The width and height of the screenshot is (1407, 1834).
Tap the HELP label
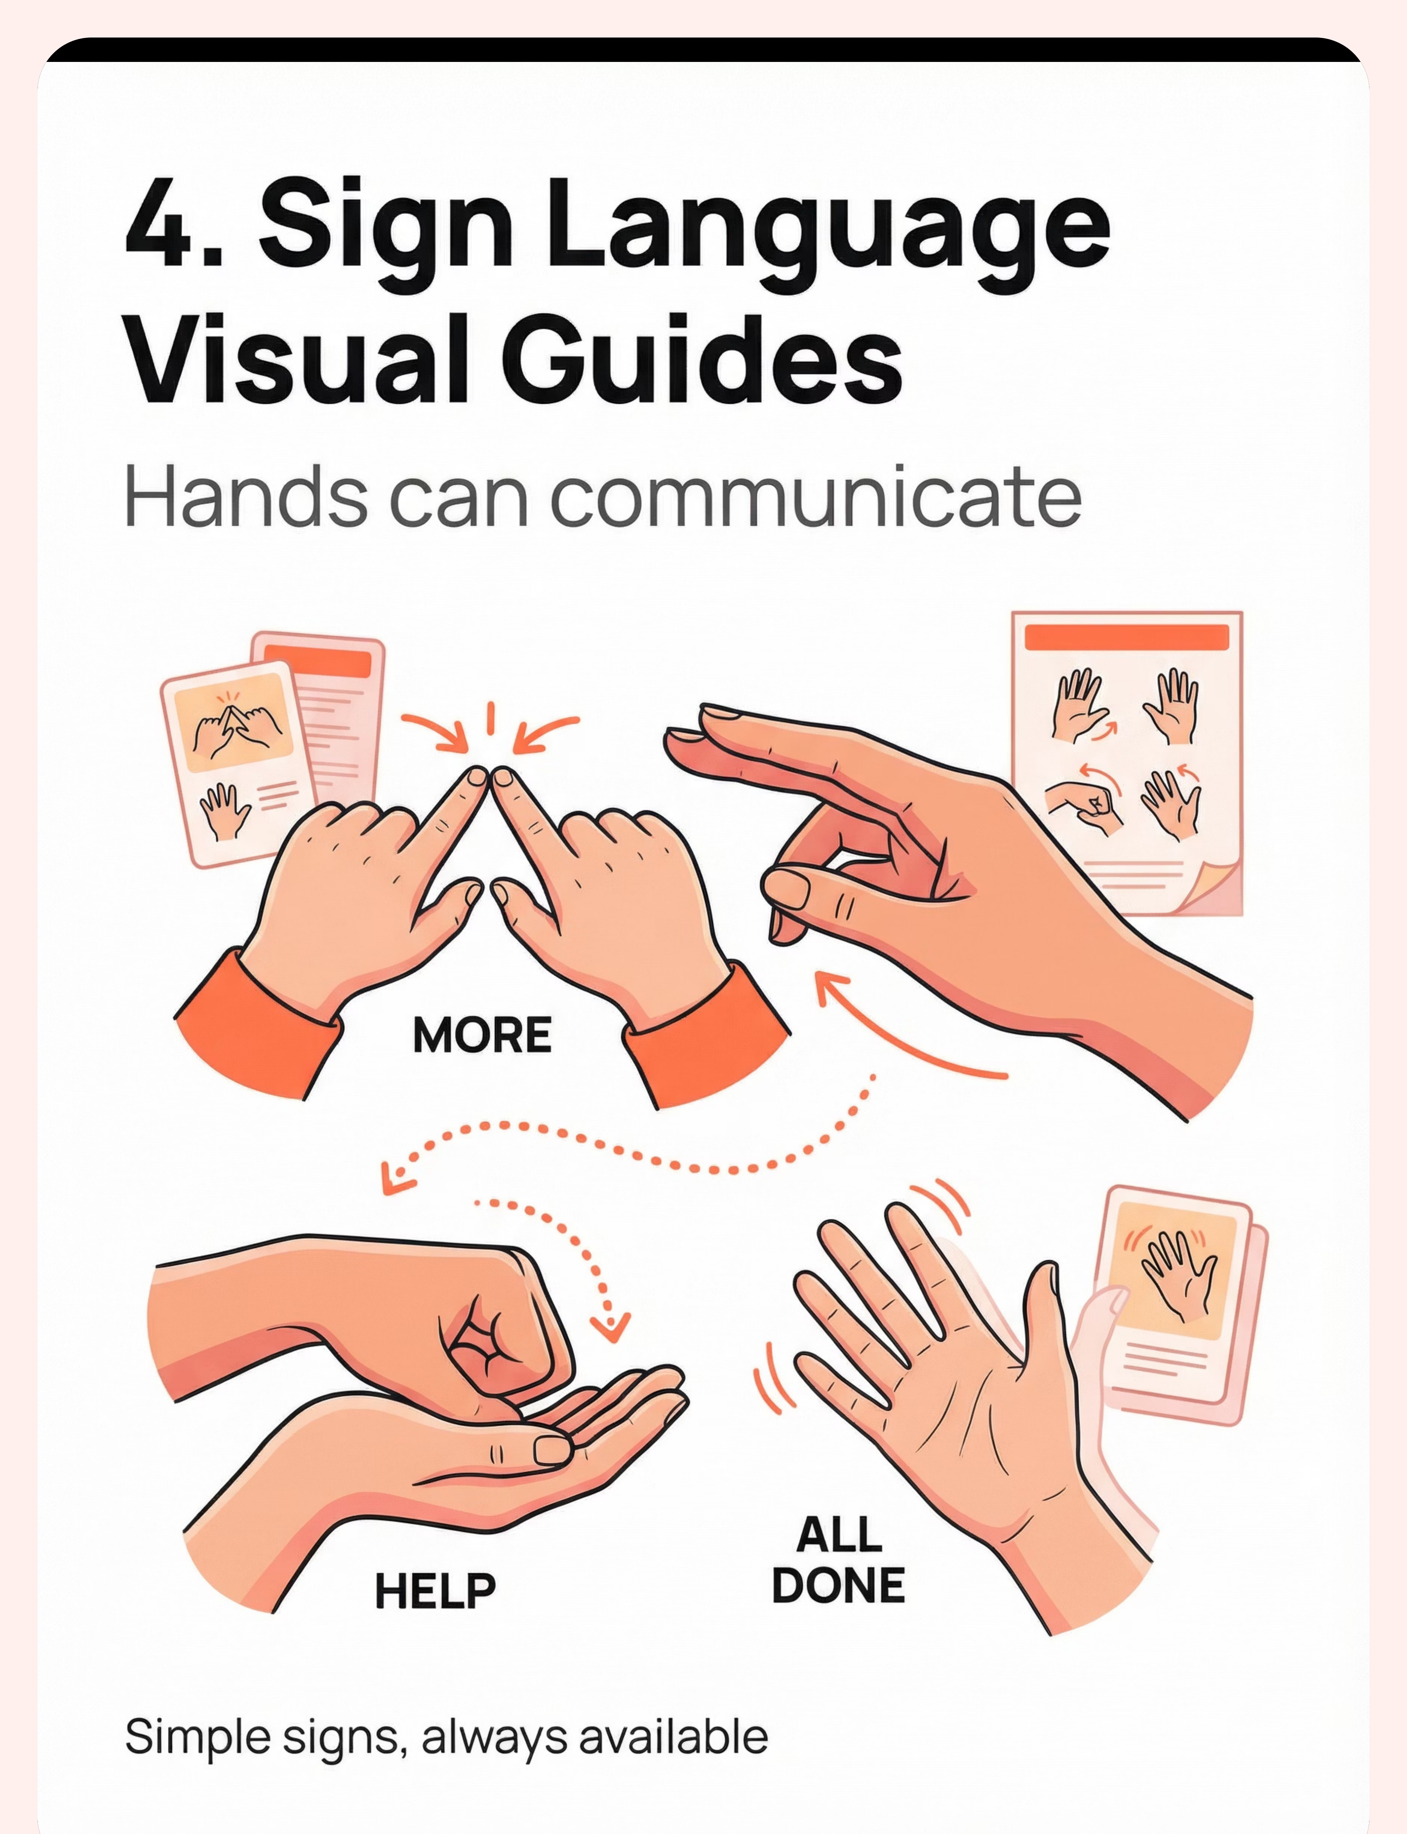point(434,1591)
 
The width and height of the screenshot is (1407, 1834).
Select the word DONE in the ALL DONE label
point(838,1585)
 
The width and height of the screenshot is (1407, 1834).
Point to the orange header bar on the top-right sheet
point(1126,636)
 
